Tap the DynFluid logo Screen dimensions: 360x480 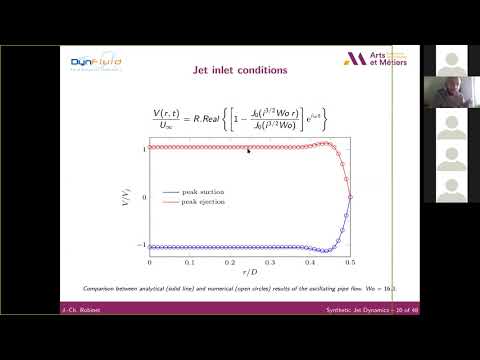94,63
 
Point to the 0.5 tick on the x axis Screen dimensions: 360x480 350,262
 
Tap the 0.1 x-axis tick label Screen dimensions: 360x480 190,262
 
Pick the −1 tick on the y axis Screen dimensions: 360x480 143,245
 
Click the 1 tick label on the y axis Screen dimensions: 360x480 145,148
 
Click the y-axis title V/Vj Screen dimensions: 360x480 130,196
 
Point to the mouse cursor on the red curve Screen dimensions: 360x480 248,150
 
